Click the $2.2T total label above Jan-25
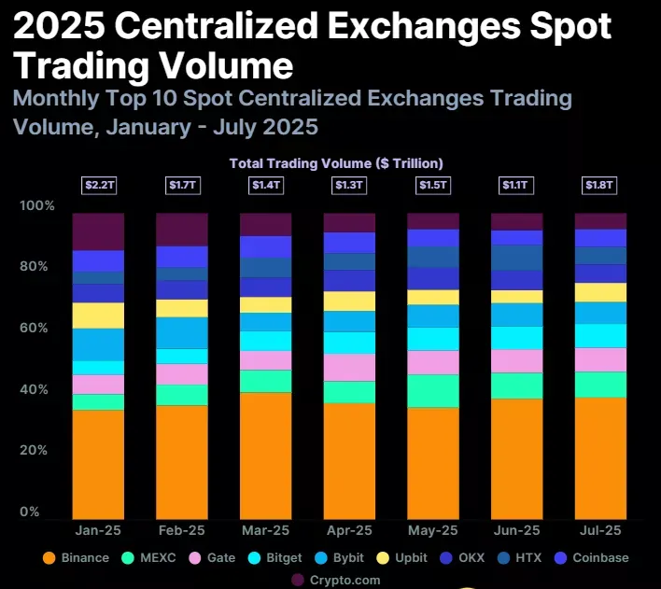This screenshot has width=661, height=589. [98, 186]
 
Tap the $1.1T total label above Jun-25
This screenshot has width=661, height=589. [516, 186]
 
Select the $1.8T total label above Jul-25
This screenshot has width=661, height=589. [600, 186]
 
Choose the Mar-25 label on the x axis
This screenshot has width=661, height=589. [265, 530]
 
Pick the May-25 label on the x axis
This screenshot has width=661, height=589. [433, 530]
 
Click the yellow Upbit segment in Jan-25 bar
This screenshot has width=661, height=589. [98, 316]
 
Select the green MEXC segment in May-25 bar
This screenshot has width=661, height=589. [433, 391]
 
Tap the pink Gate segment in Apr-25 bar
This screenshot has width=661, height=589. [349, 368]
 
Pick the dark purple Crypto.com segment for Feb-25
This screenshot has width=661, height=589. [182, 230]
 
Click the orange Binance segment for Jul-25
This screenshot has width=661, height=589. [600, 457]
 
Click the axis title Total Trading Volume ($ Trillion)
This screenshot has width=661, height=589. [336, 163]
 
